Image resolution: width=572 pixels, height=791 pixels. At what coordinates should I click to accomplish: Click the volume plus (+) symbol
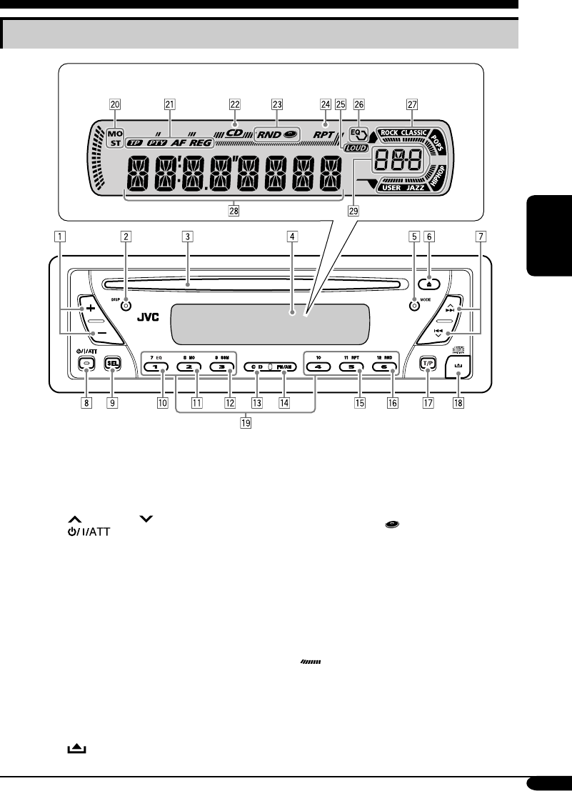pyautogui.click(x=91, y=307)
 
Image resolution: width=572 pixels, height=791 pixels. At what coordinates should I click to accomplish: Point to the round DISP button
pyautogui.click(x=126, y=305)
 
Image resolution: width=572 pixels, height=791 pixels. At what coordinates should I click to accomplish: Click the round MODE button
pyautogui.click(x=413, y=305)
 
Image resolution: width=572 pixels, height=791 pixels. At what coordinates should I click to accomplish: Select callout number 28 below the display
pyautogui.click(x=234, y=212)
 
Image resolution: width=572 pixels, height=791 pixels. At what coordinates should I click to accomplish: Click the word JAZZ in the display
pyautogui.click(x=415, y=187)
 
